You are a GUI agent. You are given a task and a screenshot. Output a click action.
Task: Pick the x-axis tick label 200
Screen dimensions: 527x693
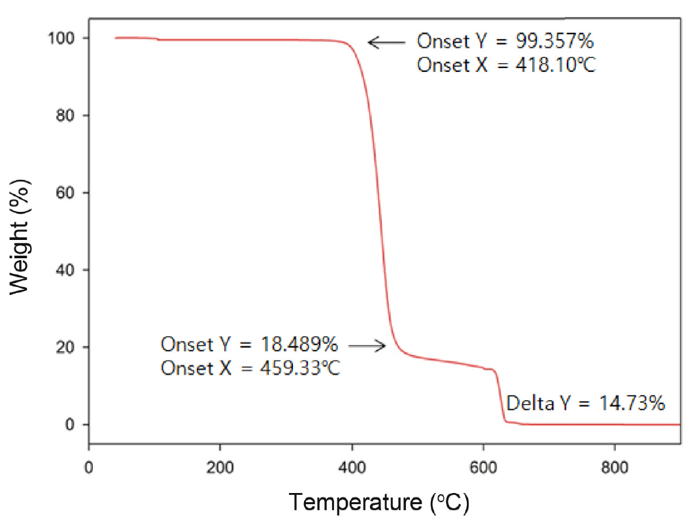coord(220,468)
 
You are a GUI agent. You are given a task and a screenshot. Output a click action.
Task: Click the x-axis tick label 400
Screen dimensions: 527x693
coord(352,468)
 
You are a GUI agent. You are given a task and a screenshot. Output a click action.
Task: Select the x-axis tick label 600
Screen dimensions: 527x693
coord(483,468)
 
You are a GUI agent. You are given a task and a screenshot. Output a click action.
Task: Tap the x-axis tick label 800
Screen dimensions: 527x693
coord(615,468)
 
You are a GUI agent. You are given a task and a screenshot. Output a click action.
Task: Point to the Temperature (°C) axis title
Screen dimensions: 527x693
coord(379,503)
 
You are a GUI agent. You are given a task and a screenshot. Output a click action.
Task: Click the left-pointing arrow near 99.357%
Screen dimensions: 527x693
coord(386,42)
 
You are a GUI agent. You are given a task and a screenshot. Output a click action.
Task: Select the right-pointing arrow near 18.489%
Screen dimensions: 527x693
coord(368,345)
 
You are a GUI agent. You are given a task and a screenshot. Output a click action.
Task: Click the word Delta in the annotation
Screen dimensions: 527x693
coord(530,403)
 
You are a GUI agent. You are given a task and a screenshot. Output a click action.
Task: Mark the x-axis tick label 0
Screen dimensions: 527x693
coord(89,468)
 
